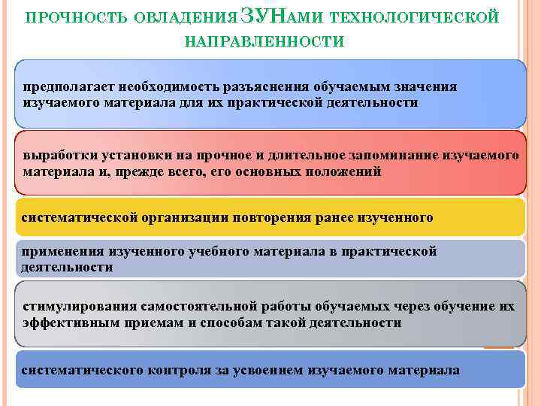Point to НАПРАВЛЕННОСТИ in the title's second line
coord(264,40)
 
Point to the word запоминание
coord(390,156)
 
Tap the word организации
coord(191,218)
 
